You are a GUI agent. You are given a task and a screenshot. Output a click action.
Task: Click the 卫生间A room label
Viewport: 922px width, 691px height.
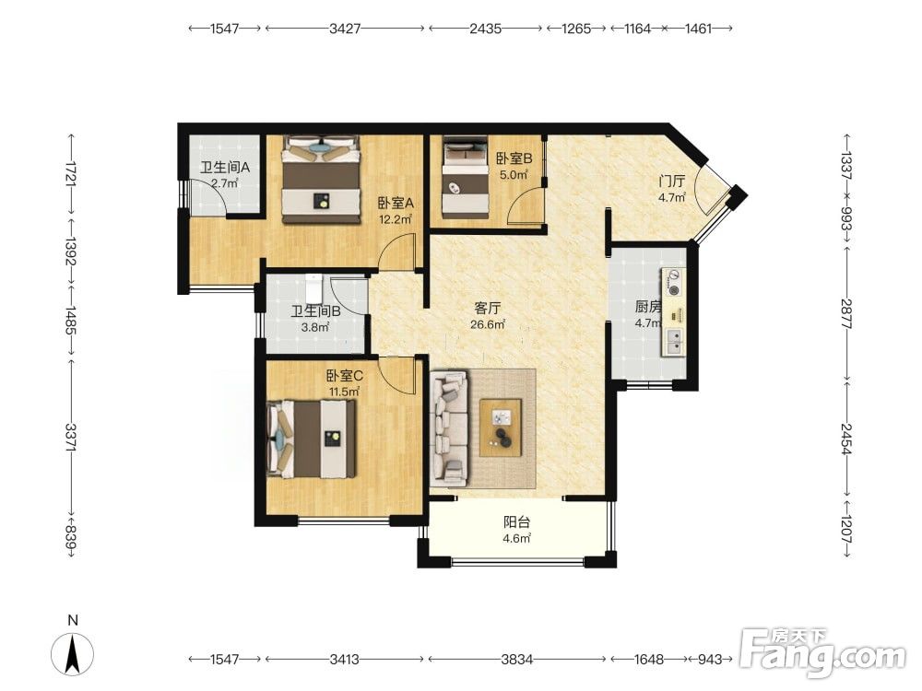tap(225, 168)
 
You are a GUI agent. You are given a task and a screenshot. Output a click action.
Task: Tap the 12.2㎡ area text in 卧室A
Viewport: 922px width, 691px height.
tap(396, 220)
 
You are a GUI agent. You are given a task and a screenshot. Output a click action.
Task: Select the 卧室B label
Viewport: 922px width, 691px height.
tap(514, 158)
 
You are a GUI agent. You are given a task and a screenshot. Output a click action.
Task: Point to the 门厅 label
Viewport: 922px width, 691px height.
tap(671, 182)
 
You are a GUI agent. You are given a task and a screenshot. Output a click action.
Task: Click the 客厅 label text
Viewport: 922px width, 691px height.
tap(488, 308)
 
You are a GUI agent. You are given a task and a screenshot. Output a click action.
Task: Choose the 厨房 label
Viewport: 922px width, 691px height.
tap(648, 307)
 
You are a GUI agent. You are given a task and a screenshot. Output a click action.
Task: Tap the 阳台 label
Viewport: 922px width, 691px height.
tap(517, 521)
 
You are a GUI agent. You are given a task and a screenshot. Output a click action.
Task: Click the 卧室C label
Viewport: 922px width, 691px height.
tap(345, 376)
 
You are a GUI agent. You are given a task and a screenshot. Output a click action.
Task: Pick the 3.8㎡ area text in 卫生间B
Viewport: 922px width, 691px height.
tap(315, 327)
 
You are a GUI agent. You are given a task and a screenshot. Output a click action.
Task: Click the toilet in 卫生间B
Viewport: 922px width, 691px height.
tap(314, 287)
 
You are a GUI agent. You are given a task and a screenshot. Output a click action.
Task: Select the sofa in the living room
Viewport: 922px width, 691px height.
tap(449, 428)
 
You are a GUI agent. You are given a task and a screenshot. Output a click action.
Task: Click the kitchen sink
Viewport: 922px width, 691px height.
tap(674, 342)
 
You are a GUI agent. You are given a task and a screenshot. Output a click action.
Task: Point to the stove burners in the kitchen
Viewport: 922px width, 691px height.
tap(673, 283)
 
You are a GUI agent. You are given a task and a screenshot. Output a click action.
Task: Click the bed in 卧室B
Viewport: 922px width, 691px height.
tap(465, 177)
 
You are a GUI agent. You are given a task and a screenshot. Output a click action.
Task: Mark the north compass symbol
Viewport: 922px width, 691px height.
tap(72, 654)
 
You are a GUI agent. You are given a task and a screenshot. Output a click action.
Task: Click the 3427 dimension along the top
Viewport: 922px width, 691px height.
tap(345, 29)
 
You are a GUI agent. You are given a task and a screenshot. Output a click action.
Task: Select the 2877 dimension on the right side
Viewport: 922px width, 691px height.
tap(846, 314)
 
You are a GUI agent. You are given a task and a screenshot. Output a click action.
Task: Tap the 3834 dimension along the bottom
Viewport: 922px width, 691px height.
tap(517, 660)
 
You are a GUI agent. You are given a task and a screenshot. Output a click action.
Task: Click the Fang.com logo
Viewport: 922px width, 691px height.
tap(822, 651)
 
